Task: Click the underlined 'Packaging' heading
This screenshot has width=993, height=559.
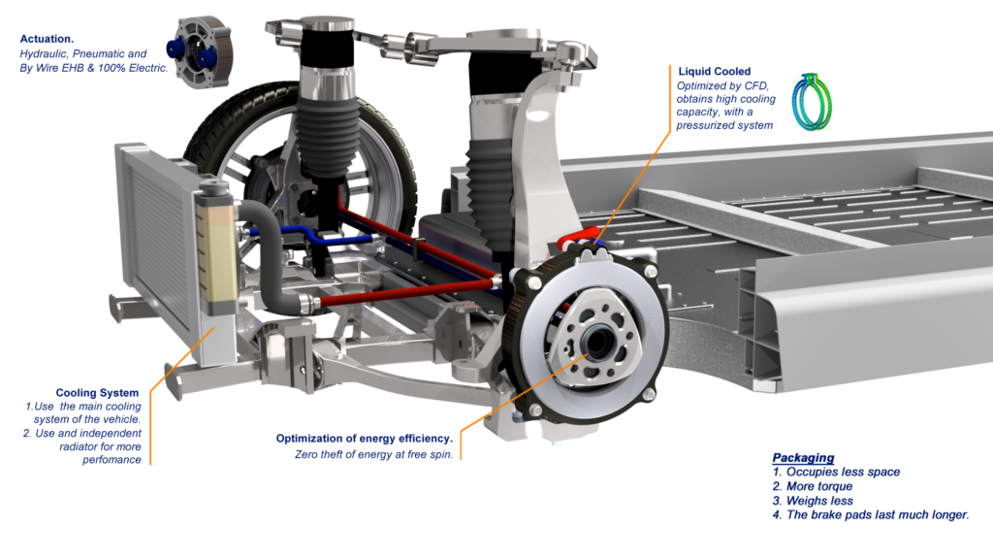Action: click(x=803, y=458)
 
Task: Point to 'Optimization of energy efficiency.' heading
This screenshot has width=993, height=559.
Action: click(x=364, y=439)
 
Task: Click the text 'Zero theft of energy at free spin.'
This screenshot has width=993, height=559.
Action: click(x=373, y=454)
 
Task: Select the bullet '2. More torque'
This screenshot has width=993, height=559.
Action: click(x=813, y=486)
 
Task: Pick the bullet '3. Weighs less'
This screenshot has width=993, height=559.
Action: click(x=813, y=501)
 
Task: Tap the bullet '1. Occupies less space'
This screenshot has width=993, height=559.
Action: click(x=837, y=472)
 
